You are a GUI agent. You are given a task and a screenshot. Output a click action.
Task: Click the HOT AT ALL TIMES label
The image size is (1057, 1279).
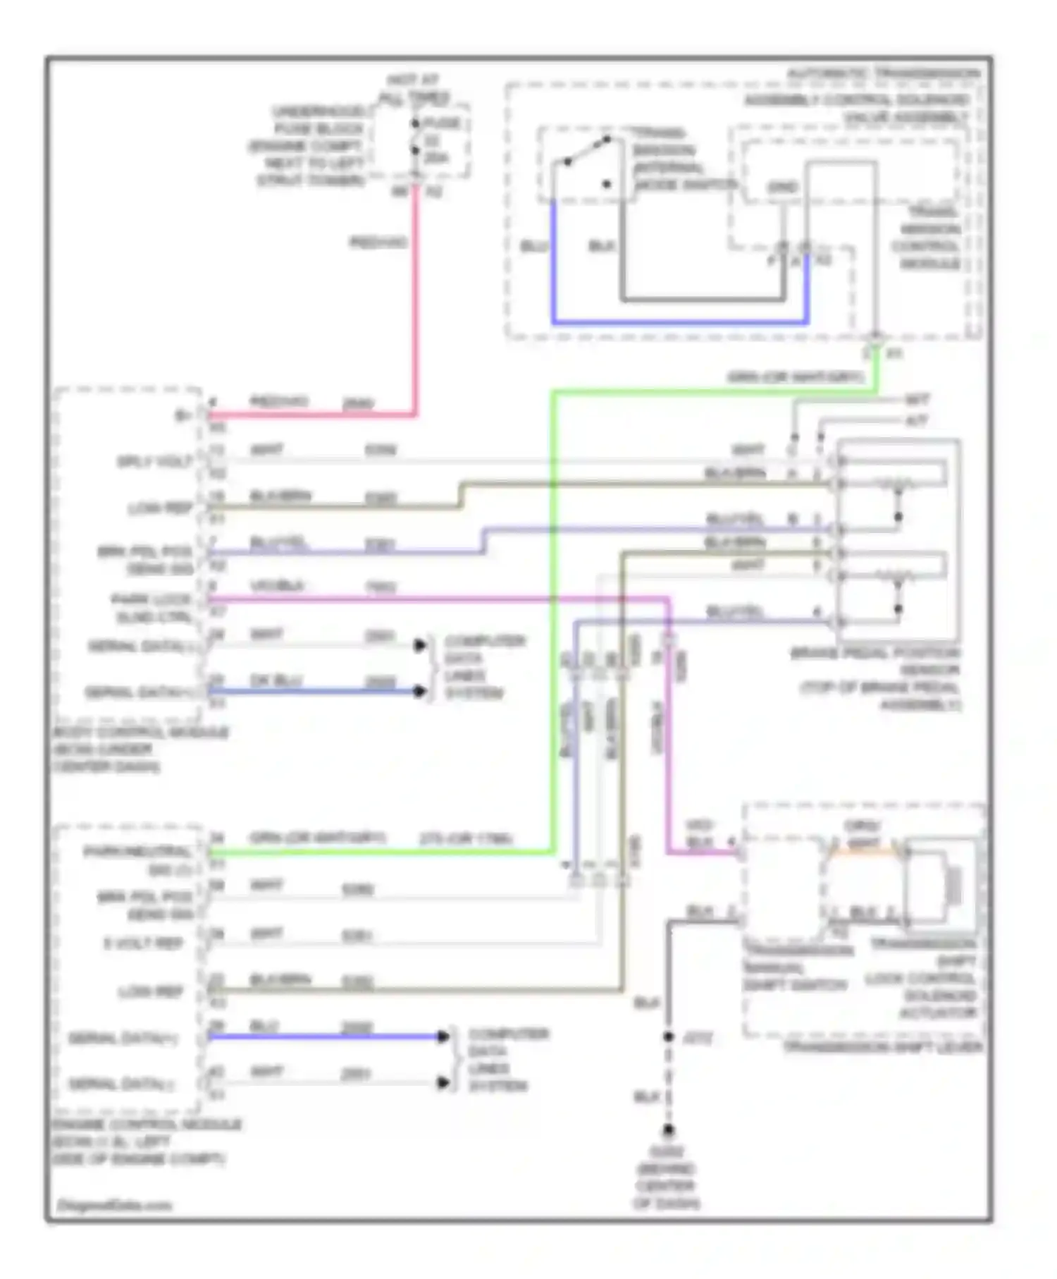tap(414, 89)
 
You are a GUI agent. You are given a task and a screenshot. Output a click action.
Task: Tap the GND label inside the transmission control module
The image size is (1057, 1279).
tap(782, 188)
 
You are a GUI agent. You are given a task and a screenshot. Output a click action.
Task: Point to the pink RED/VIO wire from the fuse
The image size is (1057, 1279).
tap(416, 296)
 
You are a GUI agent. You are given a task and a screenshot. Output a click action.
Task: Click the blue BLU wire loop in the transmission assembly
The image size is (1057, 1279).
tap(676, 322)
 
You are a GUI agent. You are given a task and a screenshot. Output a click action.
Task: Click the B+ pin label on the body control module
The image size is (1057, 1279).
tap(184, 416)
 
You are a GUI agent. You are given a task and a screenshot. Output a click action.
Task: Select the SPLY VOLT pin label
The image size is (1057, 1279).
tap(156, 462)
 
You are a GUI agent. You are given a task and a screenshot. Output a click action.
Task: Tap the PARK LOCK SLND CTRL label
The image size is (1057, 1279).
tap(152, 608)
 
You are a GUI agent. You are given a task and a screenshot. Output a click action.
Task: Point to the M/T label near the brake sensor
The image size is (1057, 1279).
tap(917, 400)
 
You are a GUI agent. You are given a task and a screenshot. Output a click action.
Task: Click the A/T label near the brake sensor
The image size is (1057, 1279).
tap(917, 421)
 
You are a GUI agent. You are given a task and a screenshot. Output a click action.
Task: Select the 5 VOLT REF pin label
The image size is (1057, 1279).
tap(144, 943)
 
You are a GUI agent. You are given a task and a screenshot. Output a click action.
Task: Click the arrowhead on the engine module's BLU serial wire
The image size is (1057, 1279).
tap(443, 1036)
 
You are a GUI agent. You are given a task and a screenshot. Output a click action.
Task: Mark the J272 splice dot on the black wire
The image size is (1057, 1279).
tap(668, 1037)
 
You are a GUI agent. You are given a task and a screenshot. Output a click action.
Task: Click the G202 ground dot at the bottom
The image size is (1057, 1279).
tap(668, 1130)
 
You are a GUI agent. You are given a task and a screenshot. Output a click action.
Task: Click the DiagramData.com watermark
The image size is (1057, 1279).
tap(115, 1205)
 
